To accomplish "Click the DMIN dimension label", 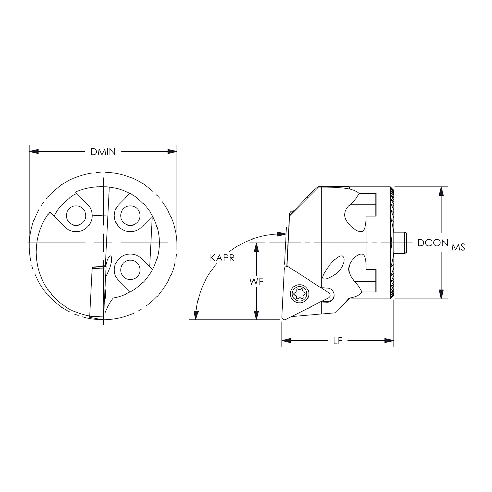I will click(103, 152).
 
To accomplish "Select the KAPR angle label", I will click(222, 258).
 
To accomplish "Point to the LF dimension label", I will click(338, 341).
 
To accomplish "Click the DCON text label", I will click(433, 243).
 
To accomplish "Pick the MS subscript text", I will click(458, 247).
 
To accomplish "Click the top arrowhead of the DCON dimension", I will click(442, 191).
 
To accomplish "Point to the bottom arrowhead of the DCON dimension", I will click(442, 295).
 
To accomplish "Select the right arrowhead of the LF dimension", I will click(389, 341).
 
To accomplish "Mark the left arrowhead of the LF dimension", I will click(286, 341).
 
